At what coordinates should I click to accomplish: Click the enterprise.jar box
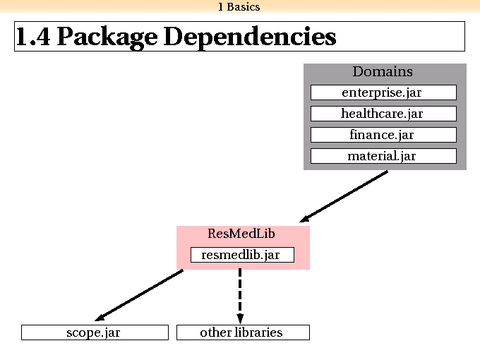pyautogui.click(x=383, y=92)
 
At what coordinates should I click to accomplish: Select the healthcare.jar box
pyautogui.click(x=383, y=114)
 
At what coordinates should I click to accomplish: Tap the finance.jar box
pyautogui.click(x=383, y=135)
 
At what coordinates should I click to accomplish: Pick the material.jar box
pyautogui.click(x=383, y=156)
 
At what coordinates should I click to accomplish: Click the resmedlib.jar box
pyautogui.click(x=242, y=255)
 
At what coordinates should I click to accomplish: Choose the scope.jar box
pyautogui.click(x=95, y=332)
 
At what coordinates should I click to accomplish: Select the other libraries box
pyautogui.click(x=243, y=332)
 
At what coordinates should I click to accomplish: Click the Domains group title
pyautogui.click(x=383, y=71)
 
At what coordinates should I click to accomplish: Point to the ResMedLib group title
pyautogui.click(x=241, y=234)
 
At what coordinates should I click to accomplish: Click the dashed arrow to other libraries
pyautogui.click(x=240, y=296)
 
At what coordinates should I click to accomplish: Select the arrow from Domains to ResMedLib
pyautogui.click(x=344, y=196)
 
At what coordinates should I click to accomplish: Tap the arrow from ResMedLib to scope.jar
pyautogui.click(x=138, y=295)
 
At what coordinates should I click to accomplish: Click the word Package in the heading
pyautogui.click(x=107, y=37)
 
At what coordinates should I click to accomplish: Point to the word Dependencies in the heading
pyautogui.click(x=250, y=37)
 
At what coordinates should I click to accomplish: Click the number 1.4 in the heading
pyautogui.click(x=32, y=37)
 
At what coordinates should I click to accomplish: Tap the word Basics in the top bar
pyautogui.click(x=243, y=7)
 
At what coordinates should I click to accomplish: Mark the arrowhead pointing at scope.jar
pyautogui.click(x=100, y=318)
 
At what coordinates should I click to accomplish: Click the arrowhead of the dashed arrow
pyautogui.click(x=240, y=318)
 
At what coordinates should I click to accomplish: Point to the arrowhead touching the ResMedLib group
pyautogui.click(x=304, y=219)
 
